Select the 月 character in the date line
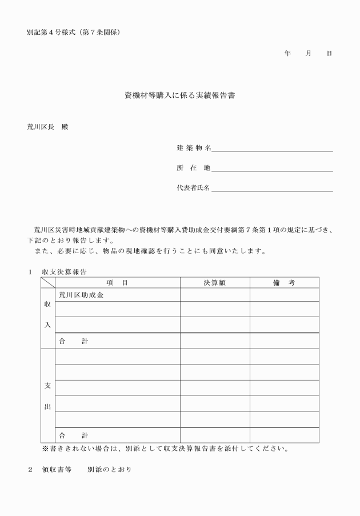[309, 53]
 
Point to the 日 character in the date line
[329, 53]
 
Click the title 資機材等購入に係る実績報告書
[180, 96]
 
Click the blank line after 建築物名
[272, 149]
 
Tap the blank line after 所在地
[272, 169]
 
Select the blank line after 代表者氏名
[272, 188]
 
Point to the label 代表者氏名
[194, 187]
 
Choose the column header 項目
[117, 283]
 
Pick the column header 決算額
[215, 283]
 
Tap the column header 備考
[284, 283]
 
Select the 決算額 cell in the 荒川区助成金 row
[215, 295]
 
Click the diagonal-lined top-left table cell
[47, 283]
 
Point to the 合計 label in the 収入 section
[74, 341]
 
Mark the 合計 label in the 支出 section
[74, 435]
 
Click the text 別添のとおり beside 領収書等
[109, 470]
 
